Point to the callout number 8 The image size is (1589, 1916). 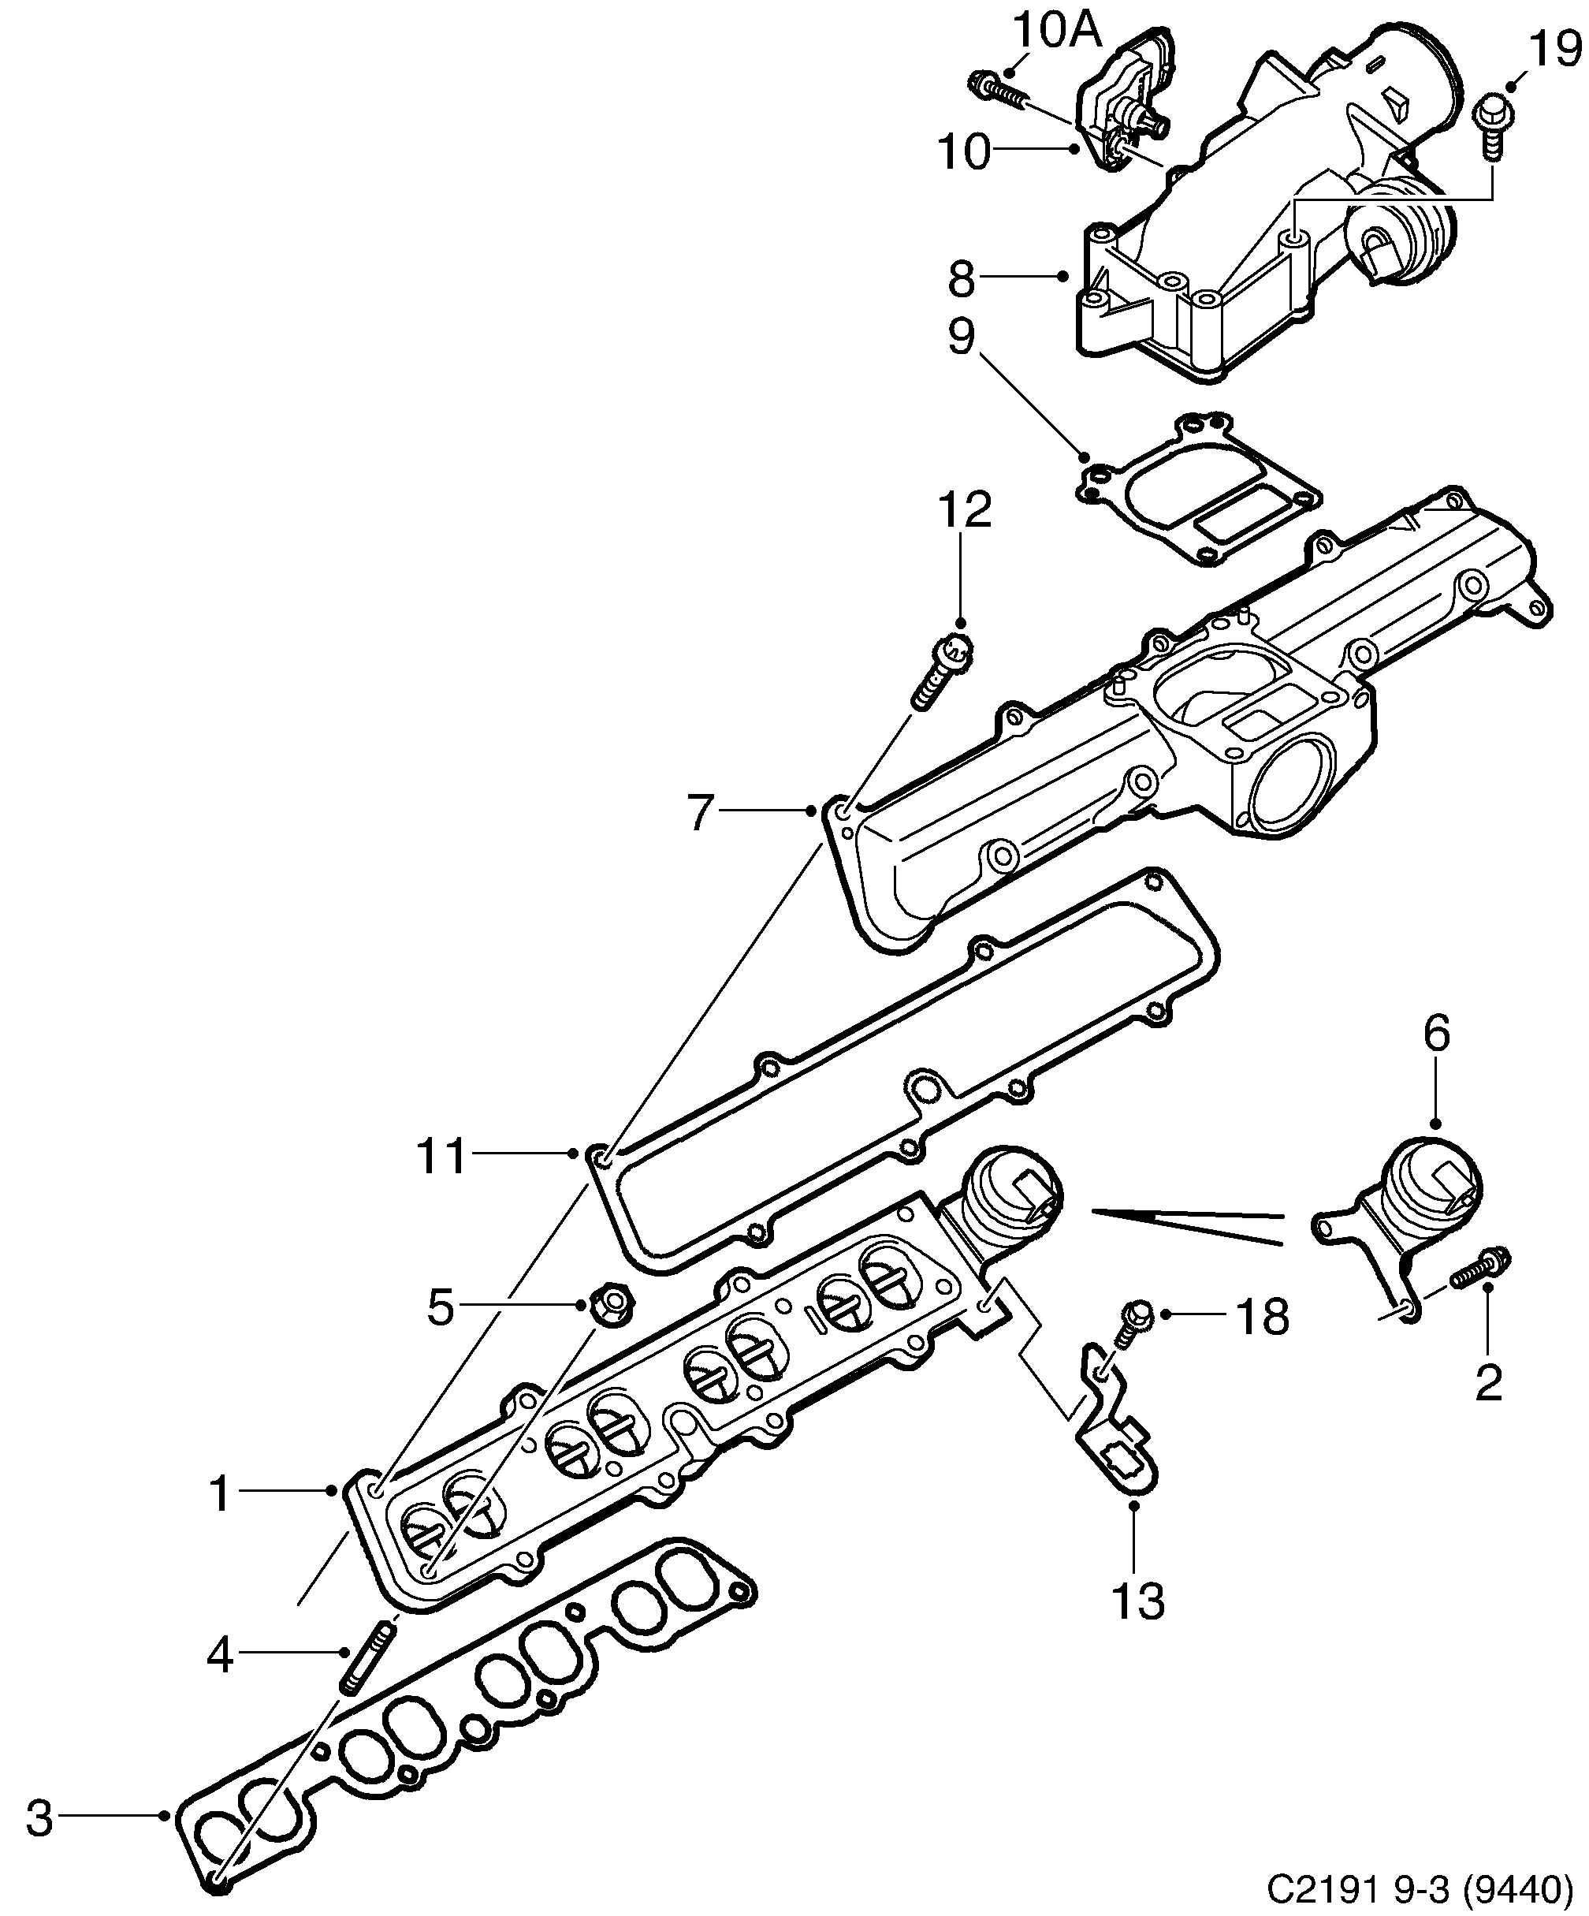962,279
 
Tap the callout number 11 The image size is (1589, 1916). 441,1156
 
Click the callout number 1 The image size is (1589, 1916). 219,1493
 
